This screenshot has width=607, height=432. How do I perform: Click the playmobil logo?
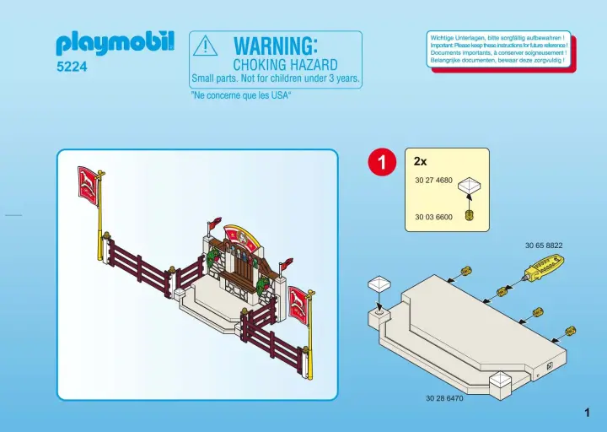115,43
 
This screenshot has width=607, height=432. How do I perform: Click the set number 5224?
72,67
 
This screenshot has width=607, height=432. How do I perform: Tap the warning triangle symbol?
205,46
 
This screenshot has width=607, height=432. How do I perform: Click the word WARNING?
276,46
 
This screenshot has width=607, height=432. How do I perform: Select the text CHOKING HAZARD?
285,65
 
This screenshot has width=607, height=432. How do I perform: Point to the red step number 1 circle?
382,162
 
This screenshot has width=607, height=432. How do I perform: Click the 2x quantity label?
420,161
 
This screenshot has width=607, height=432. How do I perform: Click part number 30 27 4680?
433,181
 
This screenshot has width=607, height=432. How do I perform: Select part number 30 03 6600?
433,217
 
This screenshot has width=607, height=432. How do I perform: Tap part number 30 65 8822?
544,246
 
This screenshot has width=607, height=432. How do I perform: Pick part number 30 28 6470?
444,398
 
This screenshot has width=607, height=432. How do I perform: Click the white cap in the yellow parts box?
470,185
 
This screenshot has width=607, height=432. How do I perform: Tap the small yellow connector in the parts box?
470,215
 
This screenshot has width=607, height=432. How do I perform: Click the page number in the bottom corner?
588,413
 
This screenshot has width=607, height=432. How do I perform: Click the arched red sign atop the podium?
241,237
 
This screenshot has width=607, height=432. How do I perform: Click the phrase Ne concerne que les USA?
240,95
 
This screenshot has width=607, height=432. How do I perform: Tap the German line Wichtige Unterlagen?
497,38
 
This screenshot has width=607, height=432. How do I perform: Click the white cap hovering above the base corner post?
379,285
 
